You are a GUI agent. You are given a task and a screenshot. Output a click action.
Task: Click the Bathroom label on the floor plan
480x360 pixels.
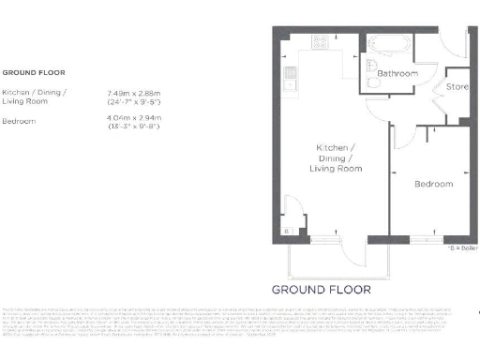tap(397, 73)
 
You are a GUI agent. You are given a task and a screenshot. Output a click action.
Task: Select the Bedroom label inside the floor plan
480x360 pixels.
tap(434, 185)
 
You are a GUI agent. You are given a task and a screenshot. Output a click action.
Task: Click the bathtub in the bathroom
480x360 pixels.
tap(387, 44)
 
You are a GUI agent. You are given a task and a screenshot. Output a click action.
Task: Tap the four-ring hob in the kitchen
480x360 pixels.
tap(322, 41)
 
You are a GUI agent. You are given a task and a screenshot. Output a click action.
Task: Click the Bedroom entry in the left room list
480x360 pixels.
tap(19, 121)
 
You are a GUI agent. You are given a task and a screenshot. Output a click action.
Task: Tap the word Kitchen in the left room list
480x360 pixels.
tap(16, 93)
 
